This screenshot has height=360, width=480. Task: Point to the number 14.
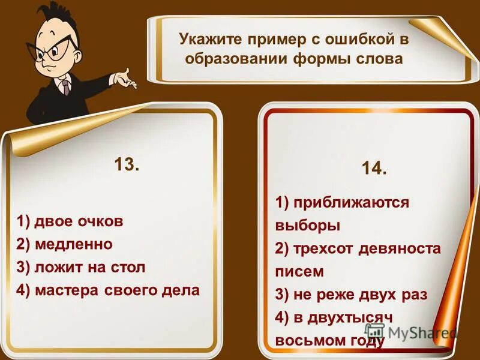pos(374,169)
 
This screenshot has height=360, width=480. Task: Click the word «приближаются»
pos(350,203)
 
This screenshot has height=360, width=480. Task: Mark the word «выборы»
pos(307,226)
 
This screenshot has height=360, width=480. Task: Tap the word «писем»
pos(299,271)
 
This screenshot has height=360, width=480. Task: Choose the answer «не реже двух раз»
pos(351,294)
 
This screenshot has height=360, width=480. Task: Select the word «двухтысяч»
pos(350,317)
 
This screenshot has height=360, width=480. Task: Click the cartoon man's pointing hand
pos(126,77)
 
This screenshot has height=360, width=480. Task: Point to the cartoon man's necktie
pos(65,87)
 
